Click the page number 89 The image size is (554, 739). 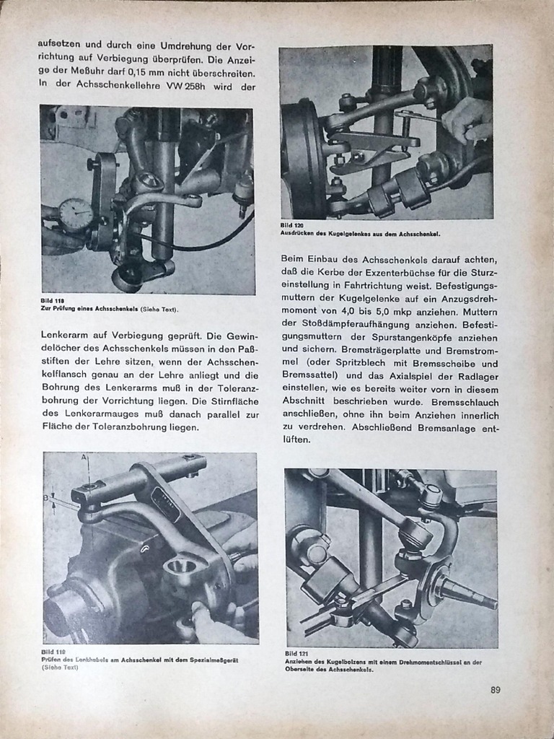pyautogui.click(x=495, y=689)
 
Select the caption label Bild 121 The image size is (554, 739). pyautogui.click(x=296, y=654)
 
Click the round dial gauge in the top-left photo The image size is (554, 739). pyautogui.click(x=76, y=214)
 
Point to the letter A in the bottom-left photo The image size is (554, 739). pyautogui.click(x=84, y=458)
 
